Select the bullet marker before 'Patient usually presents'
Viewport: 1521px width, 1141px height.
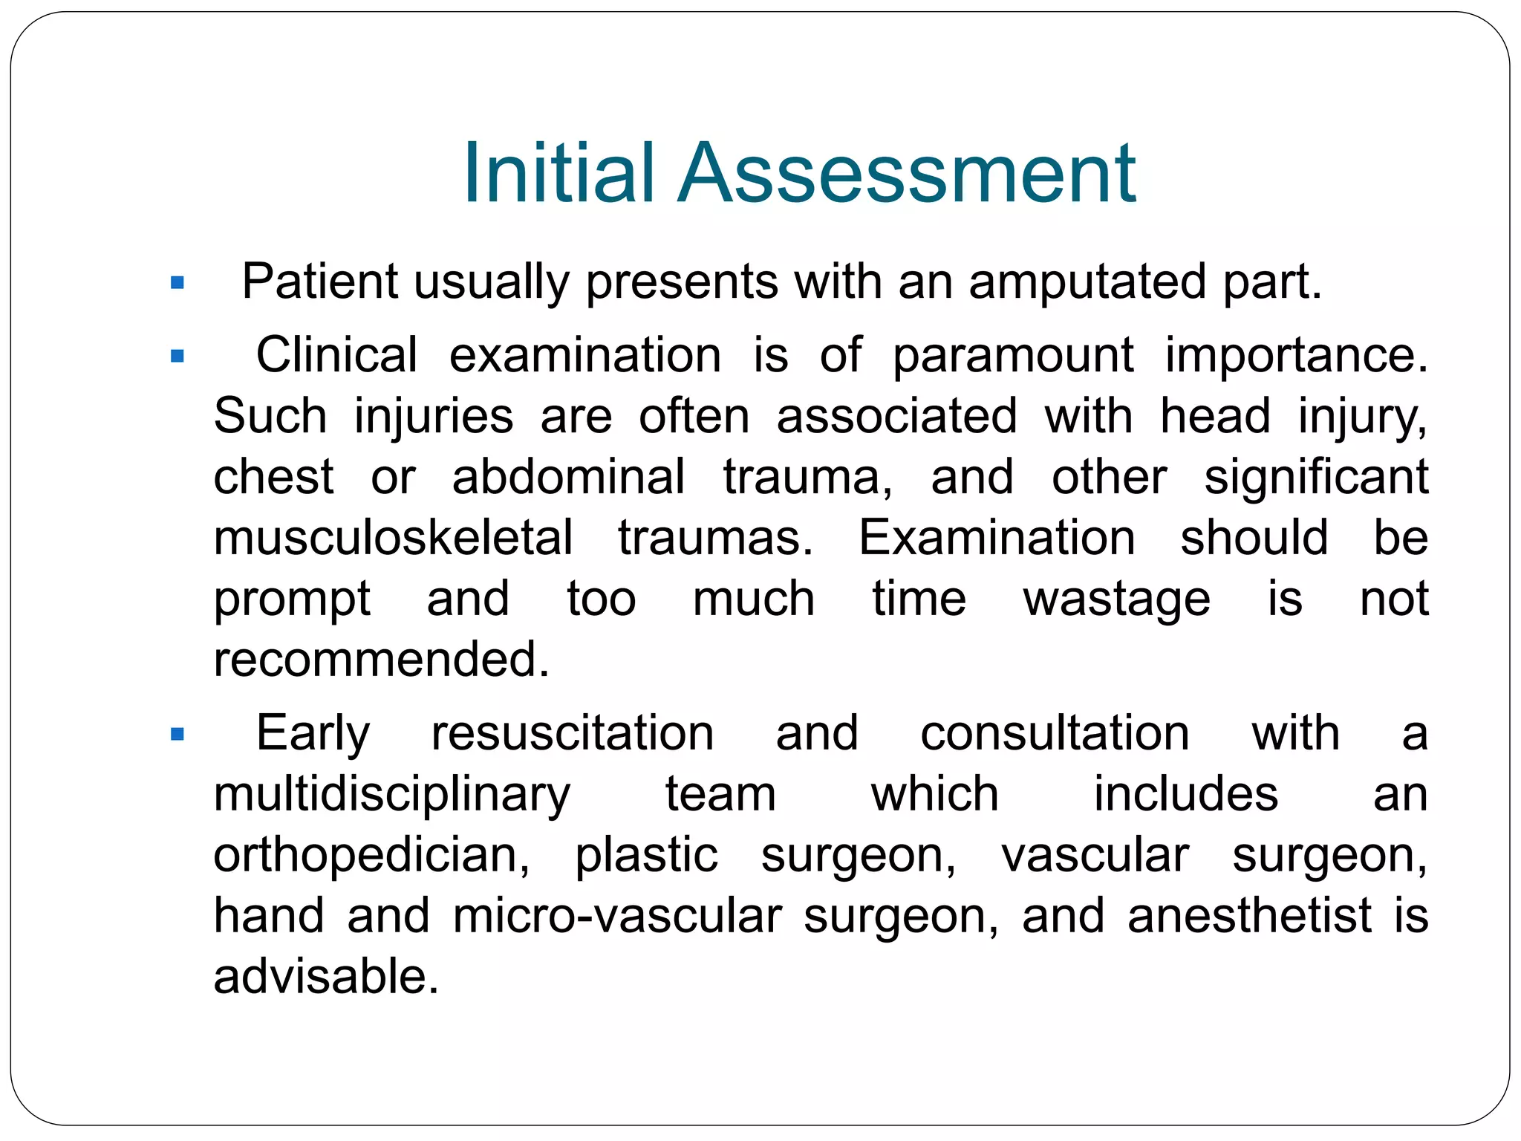click(177, 283)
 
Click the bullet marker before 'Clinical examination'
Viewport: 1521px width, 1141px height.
click(177, 357)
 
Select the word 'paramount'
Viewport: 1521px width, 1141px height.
click(1013, 355)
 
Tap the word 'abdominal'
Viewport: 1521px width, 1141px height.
click(568, 477)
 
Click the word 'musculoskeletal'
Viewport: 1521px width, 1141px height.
click(393, 538)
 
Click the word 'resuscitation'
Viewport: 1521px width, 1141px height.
click(573, 734)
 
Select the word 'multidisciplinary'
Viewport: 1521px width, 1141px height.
click(392, 796)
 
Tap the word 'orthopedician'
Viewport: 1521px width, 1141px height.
click(371, 856)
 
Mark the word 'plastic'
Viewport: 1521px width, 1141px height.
click(646, 856)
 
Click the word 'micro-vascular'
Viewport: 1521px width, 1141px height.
click(617, 916)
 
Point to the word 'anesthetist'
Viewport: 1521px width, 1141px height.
click(1249, 916)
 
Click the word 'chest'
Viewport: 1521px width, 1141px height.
click(273, 477)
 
